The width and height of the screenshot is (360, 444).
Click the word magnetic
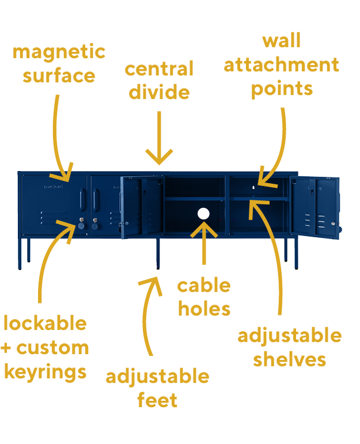pos(59,53)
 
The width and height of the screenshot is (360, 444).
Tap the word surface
pos(59,76)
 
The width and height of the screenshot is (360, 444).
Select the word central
pos(159,69)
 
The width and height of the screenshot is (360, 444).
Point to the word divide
pos(159,92)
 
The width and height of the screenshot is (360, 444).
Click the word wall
pos(282,40)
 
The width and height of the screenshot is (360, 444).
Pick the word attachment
pos(282,64)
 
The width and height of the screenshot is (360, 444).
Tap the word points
pos(282,89)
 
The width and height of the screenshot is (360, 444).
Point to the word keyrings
pos(46,372)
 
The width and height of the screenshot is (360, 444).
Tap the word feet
pos(157,400)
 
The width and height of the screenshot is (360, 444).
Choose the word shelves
pos(290,359)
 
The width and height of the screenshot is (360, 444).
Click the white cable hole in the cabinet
pos(203,214)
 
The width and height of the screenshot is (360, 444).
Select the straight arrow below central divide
pos(159,138)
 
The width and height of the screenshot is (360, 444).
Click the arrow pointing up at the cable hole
pos(204,243)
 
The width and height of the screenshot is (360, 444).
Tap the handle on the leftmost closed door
pos(82,200)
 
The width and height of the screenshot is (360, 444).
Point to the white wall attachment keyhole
pos(253,187)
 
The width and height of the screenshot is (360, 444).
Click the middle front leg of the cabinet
pos(158,253)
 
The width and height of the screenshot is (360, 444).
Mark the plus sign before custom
pos(6,348)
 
